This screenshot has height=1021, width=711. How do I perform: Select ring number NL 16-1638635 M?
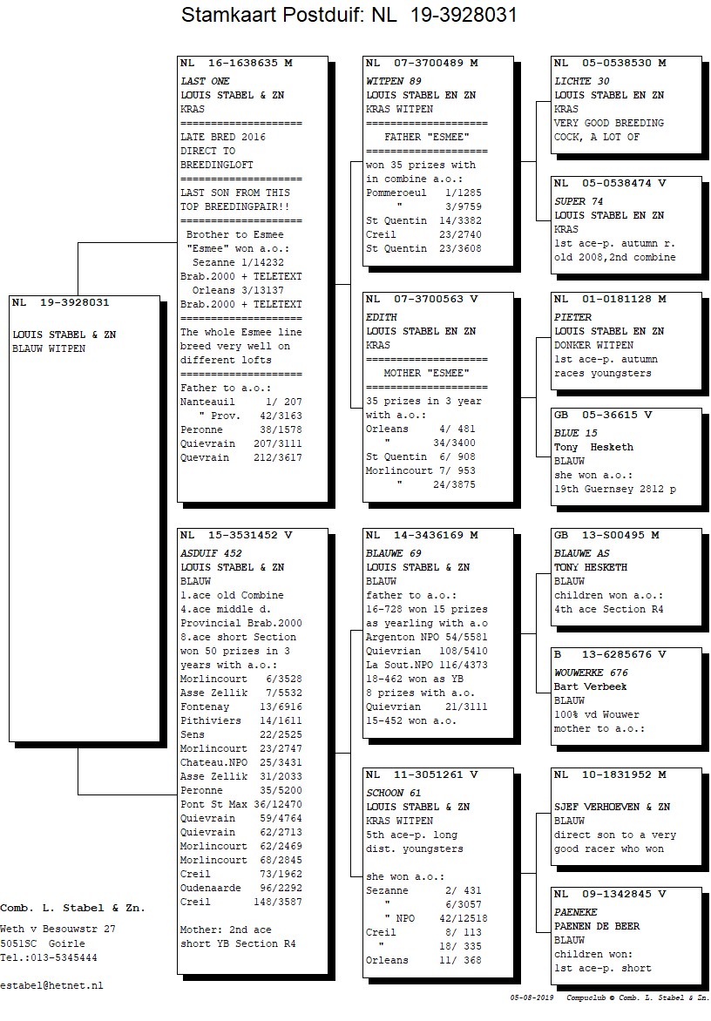point(236,64)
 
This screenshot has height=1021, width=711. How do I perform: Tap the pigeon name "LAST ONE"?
point(205,81)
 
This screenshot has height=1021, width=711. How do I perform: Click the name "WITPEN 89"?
point(393,81)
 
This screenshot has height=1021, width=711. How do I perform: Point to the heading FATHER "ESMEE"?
point(426,138)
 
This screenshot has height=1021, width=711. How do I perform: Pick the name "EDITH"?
point(382,318)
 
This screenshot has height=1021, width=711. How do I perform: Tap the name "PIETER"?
point(573,318)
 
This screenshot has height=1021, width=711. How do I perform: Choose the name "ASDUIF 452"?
point(211,553)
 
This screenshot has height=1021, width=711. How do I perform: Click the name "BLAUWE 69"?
point(393,553)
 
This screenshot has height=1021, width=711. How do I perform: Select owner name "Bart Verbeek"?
point(591,687)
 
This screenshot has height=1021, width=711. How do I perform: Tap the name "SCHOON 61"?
point(393,793)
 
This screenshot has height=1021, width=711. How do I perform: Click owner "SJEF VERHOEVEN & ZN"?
point(612,807)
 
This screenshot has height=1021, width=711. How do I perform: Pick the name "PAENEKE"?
point(576,912)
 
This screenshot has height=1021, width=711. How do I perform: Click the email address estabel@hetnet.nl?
point(51,986)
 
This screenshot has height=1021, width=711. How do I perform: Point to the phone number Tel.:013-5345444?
point(49,957)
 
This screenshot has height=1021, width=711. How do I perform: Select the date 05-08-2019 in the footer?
point(532,997)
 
